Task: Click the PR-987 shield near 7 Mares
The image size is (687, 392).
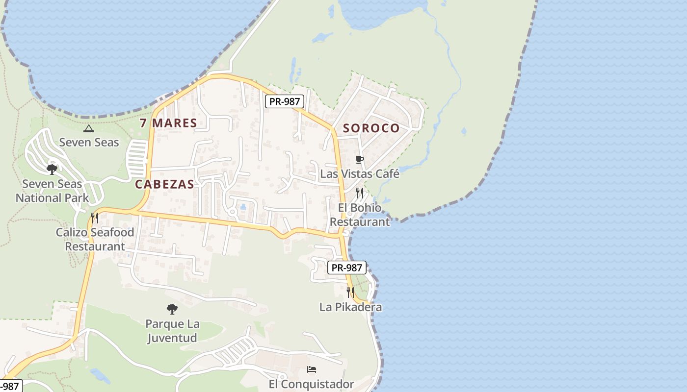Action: point(285,102)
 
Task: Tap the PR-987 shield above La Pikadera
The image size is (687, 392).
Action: point(347,268)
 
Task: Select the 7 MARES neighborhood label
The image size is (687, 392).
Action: point(168,123)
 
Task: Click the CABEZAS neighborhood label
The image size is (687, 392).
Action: point(164,184)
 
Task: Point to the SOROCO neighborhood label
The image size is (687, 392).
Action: point(371,128)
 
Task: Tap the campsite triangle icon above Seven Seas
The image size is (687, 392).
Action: point(88,129)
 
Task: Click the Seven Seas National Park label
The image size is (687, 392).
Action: point(53,191)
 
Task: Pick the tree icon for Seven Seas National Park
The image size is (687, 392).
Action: point(52,170)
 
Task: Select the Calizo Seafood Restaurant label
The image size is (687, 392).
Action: point(95,239)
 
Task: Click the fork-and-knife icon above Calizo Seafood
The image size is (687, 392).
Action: point(95,218)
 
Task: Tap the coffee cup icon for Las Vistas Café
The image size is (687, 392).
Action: point(360,159)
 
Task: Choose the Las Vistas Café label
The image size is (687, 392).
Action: point(360,174)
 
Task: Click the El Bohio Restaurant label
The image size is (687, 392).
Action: point(360,215)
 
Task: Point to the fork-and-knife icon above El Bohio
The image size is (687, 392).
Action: point(360,193)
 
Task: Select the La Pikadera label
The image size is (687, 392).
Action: point(350,307)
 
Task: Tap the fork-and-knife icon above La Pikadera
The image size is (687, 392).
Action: point(350,293)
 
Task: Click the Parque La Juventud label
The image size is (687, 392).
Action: point(172,331)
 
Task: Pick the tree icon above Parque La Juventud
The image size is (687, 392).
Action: point(172,309)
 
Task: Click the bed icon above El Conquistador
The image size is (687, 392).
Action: point(312,369)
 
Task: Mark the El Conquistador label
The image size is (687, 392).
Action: point(312,384)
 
